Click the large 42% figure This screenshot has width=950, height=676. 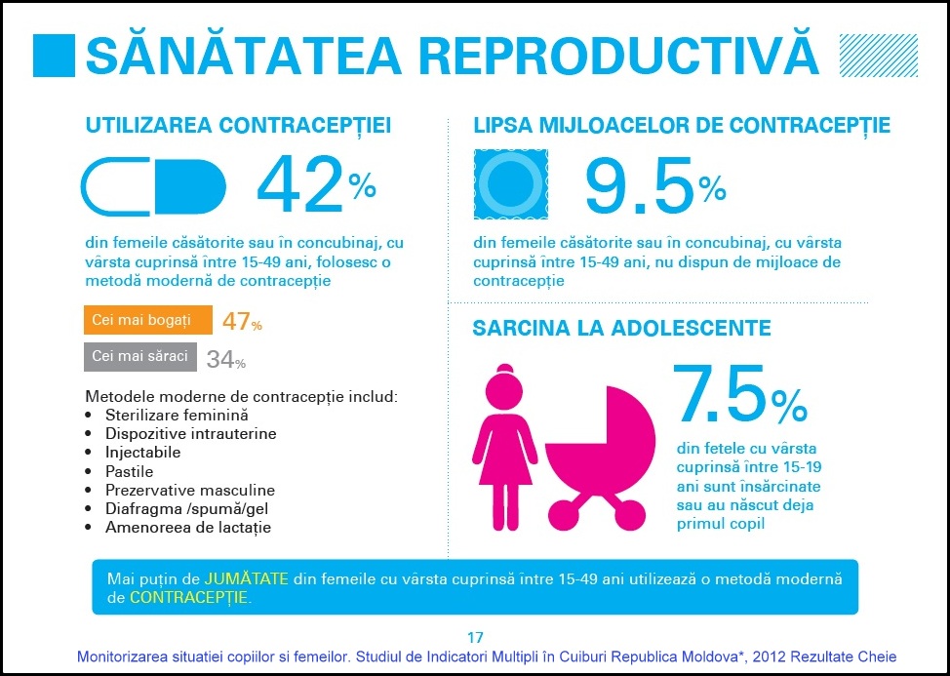pos(315,185)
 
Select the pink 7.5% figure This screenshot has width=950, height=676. pos(740,394)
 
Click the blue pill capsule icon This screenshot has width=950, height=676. pos(153,186)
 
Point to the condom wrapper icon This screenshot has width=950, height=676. pos(510,184)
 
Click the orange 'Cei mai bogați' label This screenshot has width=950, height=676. pos(148,320)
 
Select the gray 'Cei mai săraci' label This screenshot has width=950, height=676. pos(140,356)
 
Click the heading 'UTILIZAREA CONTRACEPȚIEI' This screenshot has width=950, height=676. pos(239,126)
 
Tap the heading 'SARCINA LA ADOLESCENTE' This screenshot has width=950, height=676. pos(621,328)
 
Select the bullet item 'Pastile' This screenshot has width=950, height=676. pos(130,471)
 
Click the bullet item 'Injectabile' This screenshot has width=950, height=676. pos(143,453)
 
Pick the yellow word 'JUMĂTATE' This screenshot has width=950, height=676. pos(246,577)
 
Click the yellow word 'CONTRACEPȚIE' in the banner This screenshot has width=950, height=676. pos(188,597)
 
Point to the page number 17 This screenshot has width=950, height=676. pos(475,638)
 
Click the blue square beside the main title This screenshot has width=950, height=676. pos(55,56)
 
